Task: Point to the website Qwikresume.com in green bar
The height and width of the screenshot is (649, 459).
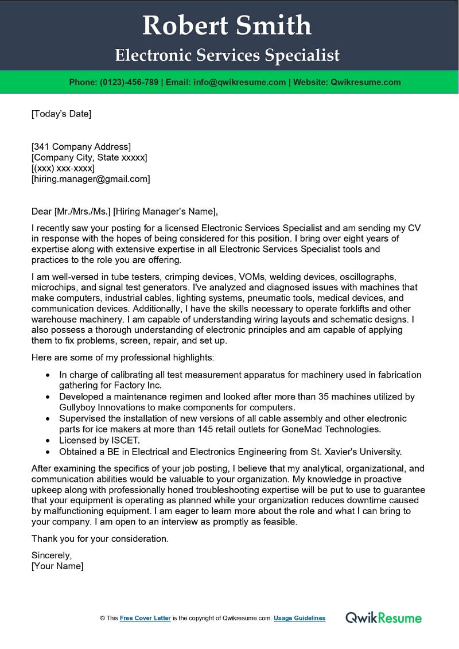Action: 365,82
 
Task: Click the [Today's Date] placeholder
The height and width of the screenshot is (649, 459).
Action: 61,114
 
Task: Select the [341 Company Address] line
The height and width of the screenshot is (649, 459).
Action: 81,146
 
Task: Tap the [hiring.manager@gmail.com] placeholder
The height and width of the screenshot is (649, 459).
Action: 91,179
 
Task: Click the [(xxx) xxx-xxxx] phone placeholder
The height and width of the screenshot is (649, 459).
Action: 63,168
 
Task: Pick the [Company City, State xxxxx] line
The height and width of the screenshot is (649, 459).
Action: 89,157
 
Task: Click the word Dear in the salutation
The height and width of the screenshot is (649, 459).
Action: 42,211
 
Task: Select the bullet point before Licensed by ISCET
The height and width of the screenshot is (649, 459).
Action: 47,440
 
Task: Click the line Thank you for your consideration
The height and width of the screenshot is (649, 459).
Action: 100,539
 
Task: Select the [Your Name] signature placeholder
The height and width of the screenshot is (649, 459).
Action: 57,566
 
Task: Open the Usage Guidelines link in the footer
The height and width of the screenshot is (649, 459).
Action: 299,618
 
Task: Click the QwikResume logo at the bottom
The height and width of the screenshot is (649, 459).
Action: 383,618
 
